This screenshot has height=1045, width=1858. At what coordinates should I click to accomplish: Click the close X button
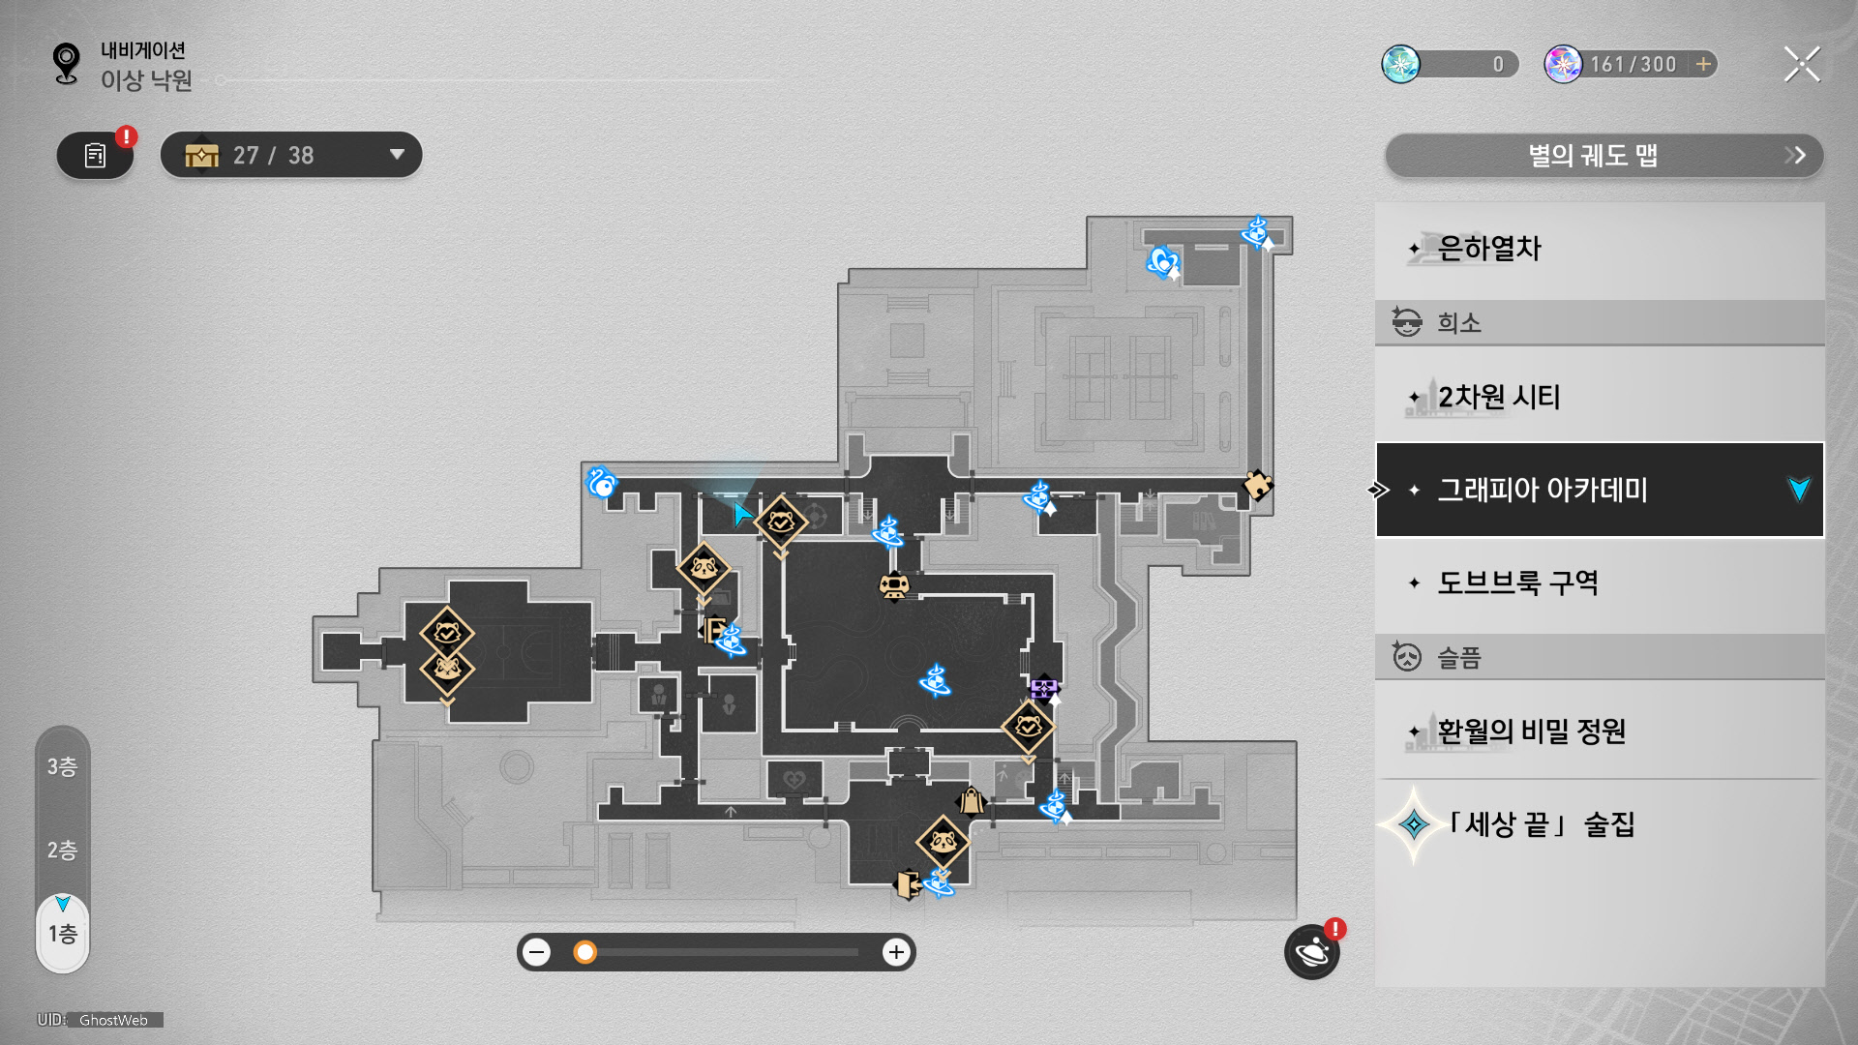point(1801,65)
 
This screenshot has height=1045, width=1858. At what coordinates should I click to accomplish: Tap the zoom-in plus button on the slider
point(896,952)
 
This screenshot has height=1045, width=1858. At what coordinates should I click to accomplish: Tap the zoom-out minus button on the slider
point(537,952)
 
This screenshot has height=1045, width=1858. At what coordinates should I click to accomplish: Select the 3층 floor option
point(63,767)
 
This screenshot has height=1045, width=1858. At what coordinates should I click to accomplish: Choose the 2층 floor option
point(63,851)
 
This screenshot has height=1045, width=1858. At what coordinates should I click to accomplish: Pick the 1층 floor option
point(63,934)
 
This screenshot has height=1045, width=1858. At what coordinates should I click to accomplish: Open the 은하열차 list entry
point(1599,250)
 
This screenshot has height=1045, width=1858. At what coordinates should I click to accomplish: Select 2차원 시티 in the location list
point(1599,397)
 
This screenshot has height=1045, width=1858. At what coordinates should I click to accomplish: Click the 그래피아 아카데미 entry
point(1599,490)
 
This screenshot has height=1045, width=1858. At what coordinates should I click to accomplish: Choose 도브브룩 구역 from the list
point(1599,582)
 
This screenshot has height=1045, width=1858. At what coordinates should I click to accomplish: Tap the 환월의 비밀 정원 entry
point(1599,731)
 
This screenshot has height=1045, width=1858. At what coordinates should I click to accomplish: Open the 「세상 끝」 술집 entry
point(1599,824)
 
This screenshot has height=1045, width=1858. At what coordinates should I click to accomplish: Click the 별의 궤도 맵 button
point(1603,156)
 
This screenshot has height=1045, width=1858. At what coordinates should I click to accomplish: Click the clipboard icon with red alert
point(95,156)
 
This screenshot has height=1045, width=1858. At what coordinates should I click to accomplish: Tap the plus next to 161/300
point(1703,65)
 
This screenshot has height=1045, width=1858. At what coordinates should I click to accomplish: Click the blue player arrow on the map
point(742,514)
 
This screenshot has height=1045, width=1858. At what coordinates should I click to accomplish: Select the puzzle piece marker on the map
point(1257,484)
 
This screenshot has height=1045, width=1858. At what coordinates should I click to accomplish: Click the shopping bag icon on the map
point(971,801)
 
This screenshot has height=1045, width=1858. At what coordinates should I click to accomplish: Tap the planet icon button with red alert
point(1312,952)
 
